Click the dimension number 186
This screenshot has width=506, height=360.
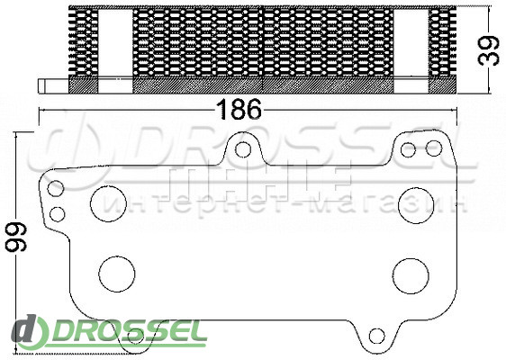239,109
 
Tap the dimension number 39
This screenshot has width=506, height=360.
489,50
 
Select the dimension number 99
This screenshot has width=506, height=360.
16,238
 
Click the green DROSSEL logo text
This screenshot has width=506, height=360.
129,331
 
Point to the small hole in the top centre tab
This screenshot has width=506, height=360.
243,149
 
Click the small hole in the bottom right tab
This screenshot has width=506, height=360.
377,336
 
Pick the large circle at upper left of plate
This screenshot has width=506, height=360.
108,203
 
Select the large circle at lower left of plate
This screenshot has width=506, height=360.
117,274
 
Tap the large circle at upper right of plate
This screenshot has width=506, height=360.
416,205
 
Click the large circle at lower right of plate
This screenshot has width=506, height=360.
411,276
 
